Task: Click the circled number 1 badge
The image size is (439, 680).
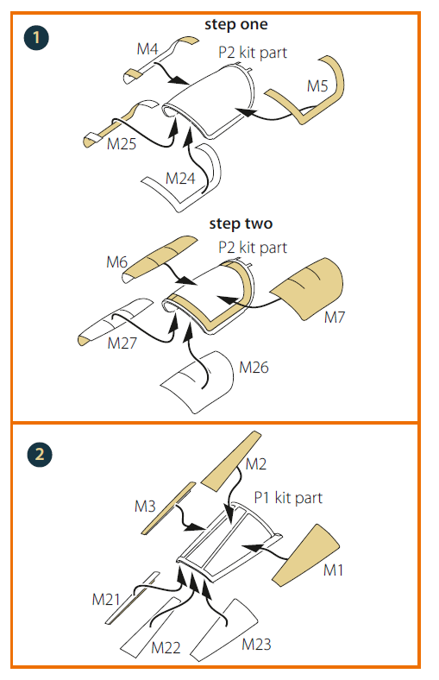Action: pyautogui.click(x=36, y=38)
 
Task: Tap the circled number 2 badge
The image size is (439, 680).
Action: pyautogui.click(x=40, y=455)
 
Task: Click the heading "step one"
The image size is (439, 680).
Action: pyautogui.click(x=236, y=24)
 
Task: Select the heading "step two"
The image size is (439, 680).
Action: pyautogui.click(x=241, y=224)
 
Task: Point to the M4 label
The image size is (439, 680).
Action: pyautogui.click(x=147, y=49)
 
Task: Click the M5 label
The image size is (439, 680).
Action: pyautogui.click(x=317, y=86)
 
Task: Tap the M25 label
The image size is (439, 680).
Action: pyautogui.click(x=122, y=144)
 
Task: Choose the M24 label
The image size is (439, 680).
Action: pyautogui.click(x=180, y=179)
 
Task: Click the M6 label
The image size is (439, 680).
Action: pyautogui.click(x=117, y=262)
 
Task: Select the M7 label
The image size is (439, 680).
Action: pyautogui.click(x=335, y=318)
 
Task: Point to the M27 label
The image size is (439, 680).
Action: pyautogui.click(x=122, y=343)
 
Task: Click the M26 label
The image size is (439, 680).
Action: pyautogui.click(x=254, y=368)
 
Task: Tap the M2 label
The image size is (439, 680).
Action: pyautogui.click(x=256, y=464)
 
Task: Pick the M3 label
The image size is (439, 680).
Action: pyautogui.click(x=145, y=506)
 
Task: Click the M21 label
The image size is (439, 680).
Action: pyautogui.click(x=106, y=600)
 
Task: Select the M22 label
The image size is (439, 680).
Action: pyautogui.click(x=166, y=647)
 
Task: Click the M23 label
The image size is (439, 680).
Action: pyautogui.click(x=256, y=644)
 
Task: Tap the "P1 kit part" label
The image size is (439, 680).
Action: pyautogui.click(x=288, y=497)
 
